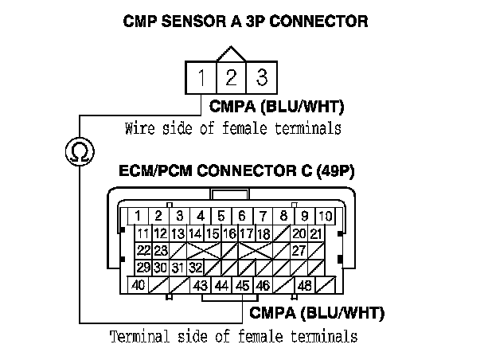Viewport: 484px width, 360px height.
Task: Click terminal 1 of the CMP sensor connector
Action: tap(203, 78)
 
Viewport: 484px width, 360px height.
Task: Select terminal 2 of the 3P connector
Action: tap(231, 78)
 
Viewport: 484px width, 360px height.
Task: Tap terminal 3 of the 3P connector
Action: tap(259, 78)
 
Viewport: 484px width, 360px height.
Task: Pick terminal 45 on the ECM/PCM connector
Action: tap(241, 285)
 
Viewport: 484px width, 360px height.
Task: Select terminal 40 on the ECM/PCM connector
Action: tap(138, 284)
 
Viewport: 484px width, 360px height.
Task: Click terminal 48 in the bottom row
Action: tap(304, 285)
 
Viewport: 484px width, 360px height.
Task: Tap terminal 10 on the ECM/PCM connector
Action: tap(325, 216)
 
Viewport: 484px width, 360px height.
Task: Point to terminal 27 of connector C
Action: tap(299, 250)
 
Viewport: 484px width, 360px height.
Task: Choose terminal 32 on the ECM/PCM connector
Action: tap(196, 267)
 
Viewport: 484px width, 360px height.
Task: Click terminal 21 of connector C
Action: tap(316, 233)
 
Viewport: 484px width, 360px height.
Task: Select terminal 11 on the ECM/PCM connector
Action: tap(143, 233)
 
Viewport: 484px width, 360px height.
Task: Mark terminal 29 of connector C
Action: tap(144, 267)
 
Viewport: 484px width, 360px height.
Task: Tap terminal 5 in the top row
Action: tap(221, 216)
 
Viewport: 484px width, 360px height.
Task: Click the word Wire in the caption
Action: tap(139, 127)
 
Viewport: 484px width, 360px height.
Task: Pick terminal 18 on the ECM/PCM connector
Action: tap(264, 233)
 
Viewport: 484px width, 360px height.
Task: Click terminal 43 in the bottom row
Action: tap(200, 285)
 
